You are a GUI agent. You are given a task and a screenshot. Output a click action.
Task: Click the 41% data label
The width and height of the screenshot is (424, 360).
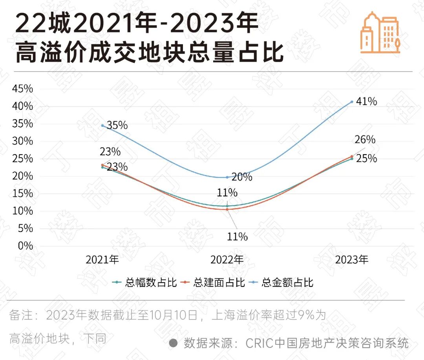367,102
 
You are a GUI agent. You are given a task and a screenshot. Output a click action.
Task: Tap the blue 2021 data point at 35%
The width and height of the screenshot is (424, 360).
102,125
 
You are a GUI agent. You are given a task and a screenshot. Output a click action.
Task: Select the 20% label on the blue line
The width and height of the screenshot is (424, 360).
241,177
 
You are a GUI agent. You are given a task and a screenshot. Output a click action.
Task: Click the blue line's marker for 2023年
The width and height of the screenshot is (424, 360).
352,102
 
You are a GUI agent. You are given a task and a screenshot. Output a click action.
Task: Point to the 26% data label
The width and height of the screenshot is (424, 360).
365,140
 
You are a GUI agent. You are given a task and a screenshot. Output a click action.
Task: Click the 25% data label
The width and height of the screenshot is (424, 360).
366,159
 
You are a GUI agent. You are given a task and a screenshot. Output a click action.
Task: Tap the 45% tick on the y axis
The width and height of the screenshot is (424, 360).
23,89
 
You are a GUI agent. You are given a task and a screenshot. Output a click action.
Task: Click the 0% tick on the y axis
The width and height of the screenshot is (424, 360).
25,246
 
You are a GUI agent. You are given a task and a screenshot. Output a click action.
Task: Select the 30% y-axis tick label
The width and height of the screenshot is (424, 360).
23,141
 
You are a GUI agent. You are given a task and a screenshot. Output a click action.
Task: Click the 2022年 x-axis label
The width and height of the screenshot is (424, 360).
227,260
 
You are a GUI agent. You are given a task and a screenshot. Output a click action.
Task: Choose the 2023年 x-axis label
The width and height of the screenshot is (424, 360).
351,260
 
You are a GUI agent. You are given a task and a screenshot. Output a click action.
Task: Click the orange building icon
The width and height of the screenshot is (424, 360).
380,32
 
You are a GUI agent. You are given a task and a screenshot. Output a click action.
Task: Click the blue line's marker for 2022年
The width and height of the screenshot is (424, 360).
227,177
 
